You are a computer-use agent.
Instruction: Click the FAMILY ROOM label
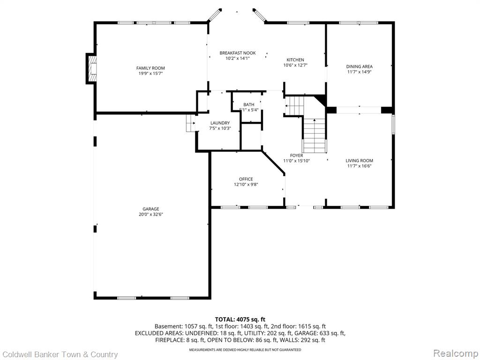(x=150, y=68)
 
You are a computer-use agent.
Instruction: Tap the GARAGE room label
(x=150, y=209)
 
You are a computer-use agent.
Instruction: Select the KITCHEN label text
(x=295, y=60)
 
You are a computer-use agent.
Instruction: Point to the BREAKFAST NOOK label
(x=238, y=53)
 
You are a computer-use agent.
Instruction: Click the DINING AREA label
(x=360, y=67)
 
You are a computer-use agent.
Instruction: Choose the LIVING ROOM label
(x=360, y=161)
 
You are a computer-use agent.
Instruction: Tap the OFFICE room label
(x=246, y=179)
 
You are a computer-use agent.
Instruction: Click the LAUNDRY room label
(x=220, y=123)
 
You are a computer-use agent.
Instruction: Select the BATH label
(x=249, y=105)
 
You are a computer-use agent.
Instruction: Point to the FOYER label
(x=297, y=156)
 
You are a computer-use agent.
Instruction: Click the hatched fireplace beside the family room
(x=92, y=68)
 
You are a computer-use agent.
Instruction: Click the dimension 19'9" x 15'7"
(x=150, y=74)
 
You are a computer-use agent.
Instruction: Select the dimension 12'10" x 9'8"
(x=246, y=185)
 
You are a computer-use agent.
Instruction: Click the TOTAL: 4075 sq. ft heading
(x=240, y=320)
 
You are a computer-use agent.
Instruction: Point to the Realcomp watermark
(x=455, y=353)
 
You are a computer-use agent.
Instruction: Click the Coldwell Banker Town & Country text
(x=59, y=354)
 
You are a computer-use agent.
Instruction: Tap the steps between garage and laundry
(x=191, y=123)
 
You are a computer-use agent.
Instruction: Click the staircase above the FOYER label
(x=315, y=135)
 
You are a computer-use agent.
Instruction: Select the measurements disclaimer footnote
(x=245, y=350)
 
